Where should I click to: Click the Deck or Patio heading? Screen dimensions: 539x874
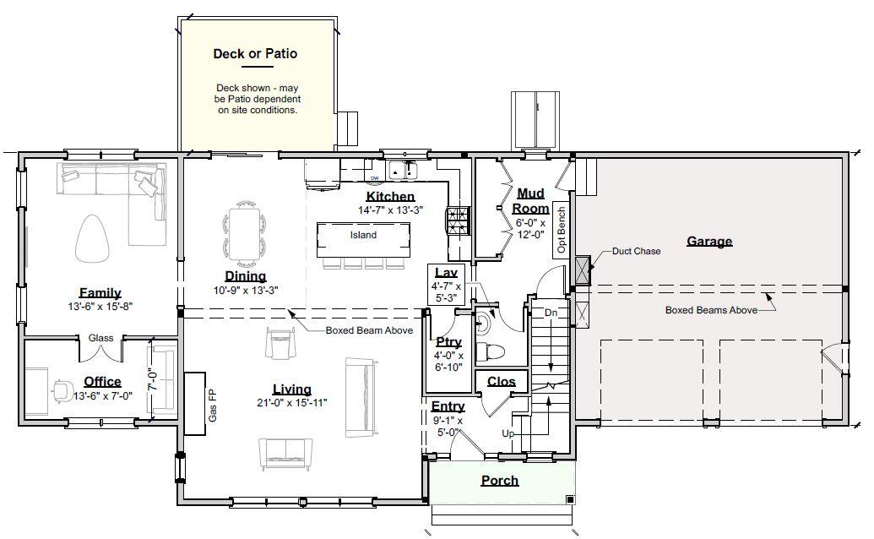pyautogui.click(x=255, y=54)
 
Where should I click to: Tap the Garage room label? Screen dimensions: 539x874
pyautogui.click(x=708, y=242)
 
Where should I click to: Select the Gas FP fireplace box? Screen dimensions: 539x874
pyautogui.click(x=195, y=403)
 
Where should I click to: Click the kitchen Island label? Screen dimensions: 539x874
pyautogui.click(x=363, y=236)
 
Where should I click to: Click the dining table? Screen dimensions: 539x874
pyautogui.click(x=244, y=234)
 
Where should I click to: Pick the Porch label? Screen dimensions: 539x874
pyautogui.click(x=500, y=481)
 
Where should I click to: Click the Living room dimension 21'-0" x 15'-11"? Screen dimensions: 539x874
pyautogui.click(x=292, y=403)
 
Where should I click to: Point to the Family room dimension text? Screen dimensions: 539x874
pyautogui.click(x=100, y=307)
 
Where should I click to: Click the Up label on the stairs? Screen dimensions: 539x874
pyautogui.click(x=508, y=433)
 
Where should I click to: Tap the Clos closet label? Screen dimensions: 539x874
pyautogui.click(x=502, y=382)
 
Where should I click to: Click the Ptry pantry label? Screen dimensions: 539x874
pyautogui.click(x=448, y=342)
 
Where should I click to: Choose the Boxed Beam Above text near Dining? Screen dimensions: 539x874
pyautogui.click(x=369, y=330)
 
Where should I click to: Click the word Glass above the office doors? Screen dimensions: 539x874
pyautogui.click(x=100, y=338)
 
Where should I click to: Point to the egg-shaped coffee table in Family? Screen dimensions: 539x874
pyautogui.click(x=95, y=238)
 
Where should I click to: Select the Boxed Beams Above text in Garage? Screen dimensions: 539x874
pyautogui.click(x=711, y=310)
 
